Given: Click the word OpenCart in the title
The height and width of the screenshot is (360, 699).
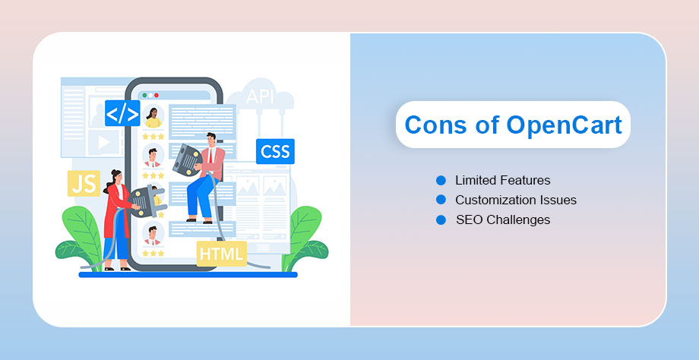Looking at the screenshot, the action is point(564,125).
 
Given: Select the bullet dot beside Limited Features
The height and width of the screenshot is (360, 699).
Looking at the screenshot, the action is point(441,181).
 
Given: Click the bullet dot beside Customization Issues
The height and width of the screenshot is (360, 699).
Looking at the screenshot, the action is point(441,200).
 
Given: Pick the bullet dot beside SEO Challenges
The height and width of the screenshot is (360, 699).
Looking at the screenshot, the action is point(441,219).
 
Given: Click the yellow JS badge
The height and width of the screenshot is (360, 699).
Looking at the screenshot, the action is point(84,184).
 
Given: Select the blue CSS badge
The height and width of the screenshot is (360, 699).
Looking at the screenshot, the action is point(275,151).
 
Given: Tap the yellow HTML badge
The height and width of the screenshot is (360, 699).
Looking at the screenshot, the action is point(222,254).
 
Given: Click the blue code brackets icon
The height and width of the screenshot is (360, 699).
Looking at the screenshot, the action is point(122,113).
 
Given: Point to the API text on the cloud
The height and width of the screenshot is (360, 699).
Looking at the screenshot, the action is point(260,96).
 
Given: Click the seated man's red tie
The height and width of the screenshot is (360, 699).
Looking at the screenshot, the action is point(210,155).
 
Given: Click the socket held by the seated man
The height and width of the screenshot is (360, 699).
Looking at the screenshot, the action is point(187,159).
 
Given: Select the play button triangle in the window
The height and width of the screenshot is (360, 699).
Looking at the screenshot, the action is point(104,142).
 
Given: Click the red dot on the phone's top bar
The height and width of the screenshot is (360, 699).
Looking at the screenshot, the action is point(157,96).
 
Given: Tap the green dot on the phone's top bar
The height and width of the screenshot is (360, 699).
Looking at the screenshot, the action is point(144,96).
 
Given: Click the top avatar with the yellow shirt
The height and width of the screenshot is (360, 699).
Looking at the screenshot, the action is point(153,117).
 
